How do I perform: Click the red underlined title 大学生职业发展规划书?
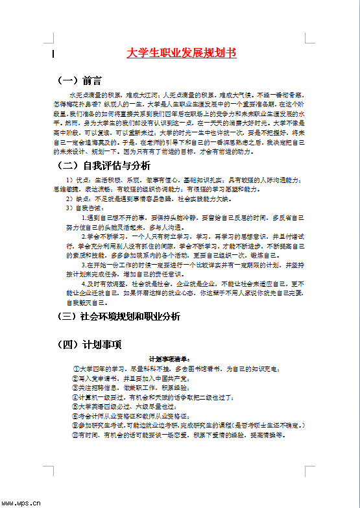point(182,53)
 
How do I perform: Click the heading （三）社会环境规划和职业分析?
point(119,317)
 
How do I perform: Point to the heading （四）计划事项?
point(90,344)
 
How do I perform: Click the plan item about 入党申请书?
point(130,378)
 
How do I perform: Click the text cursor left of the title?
point(53,54)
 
